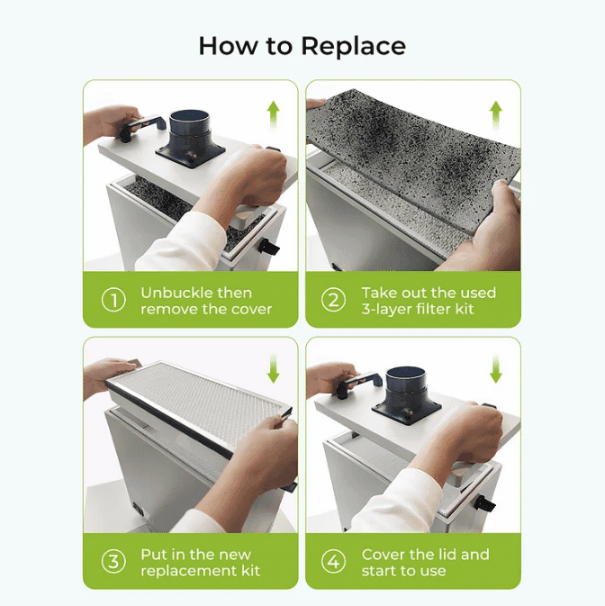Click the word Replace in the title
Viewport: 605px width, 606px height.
pos(354,45)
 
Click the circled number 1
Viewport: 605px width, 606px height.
pos(113,301)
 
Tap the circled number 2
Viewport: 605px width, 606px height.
pos(334,301)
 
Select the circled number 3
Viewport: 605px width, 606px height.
pos(113,562)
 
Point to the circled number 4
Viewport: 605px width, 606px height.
pos(334,562)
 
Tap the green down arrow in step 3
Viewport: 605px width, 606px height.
pos(273,369)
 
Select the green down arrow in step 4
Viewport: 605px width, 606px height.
pos(495,369)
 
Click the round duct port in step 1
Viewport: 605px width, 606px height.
pos(190,126)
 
